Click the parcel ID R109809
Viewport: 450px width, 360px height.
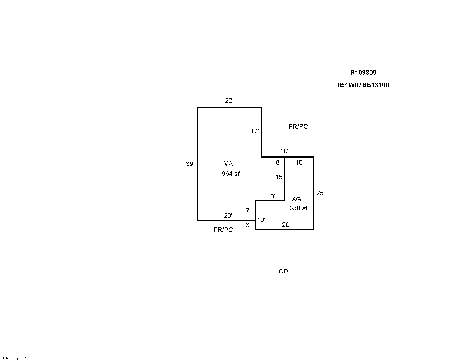pyautogui.click(x=363, y=73)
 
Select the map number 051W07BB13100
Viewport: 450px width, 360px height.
pyautogui.click(x=363, y=85)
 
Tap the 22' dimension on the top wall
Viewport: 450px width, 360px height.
pyautogui.click(x=229, y=100)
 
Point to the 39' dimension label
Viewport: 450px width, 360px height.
pyautogui.click(x=190, y=164)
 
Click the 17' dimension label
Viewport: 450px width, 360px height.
pyautogui.click(x=255, y=131)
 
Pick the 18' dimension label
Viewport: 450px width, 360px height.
pyautogui.click(x=284, y=151)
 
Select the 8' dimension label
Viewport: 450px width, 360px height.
pyautogui.click(x=278, y=162)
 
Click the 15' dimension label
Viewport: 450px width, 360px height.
pyautogui.click(x=279, y=177)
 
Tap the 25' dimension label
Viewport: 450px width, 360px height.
pyautogui.click(x=320, y=193)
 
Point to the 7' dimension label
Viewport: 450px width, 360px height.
pyautogui.click(x=248, y=211)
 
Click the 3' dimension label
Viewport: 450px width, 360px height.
pyautogui.click(x=248, y=225)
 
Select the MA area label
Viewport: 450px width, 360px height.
pyautogui.click(x=228, y=164)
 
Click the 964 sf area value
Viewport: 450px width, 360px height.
pyautogui.click(x=231, y=174)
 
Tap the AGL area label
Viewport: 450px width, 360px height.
pyautogui.click(x=298, y=199)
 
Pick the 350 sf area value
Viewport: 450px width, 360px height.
pyautogui.click(x=298, y=208)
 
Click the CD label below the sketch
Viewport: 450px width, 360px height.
pyautogui.click(x=283, y=271)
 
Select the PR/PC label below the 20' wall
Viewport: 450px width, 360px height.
pyautogui.click(x=223, y=230)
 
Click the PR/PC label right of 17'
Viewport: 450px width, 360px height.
pyautogui.click(x=298, y=126)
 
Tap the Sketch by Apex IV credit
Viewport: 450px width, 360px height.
pyautogui.click(x=15, y=358)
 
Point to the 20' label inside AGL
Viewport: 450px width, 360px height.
pyautogui.click(x=286, y=225)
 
